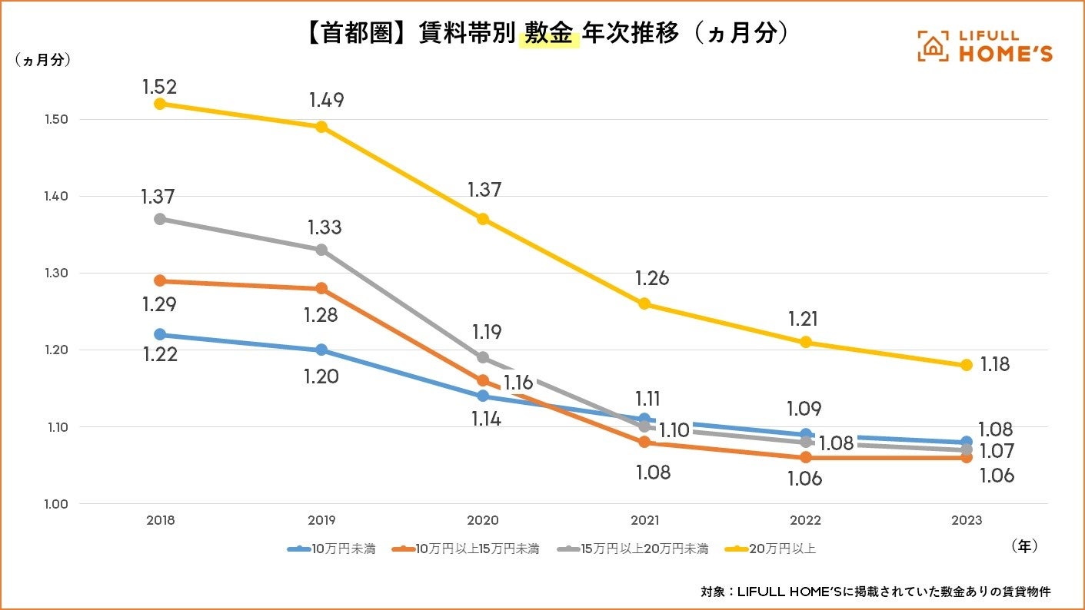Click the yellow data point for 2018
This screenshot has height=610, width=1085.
tap(160, 104)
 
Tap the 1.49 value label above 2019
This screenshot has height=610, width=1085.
tap(326, 100)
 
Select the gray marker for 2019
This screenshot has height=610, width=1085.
tap(321, 250)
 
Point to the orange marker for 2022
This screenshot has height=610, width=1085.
tap(805, 457)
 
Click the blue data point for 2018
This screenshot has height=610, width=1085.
tap(160, 334)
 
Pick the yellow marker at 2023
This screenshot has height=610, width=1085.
tap(967, 365)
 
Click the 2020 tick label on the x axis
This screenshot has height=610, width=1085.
tap(483, 520)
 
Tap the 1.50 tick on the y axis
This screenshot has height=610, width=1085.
tap(35, 120)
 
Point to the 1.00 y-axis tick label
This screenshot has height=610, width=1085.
tap(35, 504)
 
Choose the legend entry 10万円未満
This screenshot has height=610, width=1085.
tap(332, 549)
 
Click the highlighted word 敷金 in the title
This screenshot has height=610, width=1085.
tap(548, 34)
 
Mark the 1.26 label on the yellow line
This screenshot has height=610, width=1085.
tap(652, 278)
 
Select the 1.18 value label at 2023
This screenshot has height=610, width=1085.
tap(995, 365)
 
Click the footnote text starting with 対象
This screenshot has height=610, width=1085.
tap(875, 592)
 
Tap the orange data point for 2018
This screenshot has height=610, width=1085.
tap(160, 280)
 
